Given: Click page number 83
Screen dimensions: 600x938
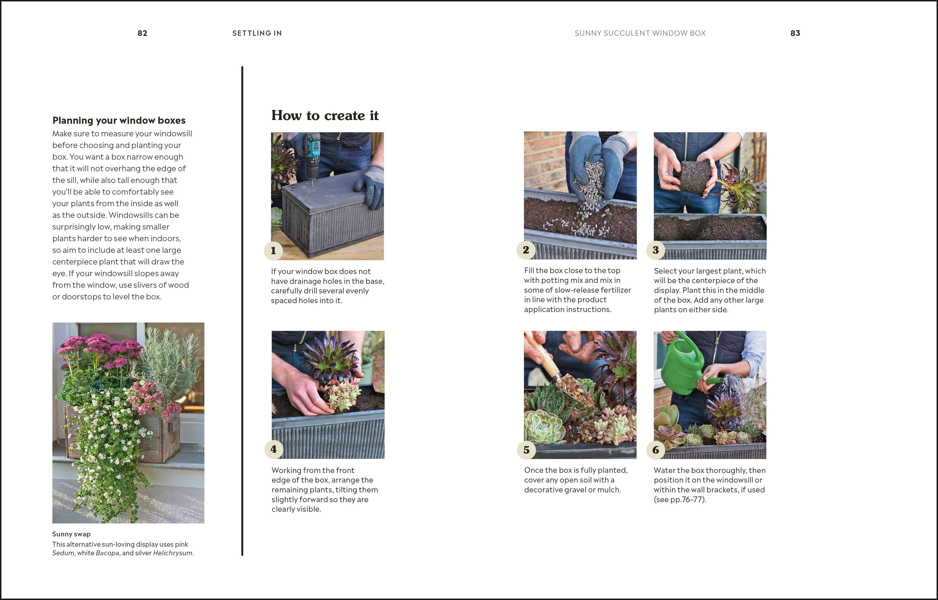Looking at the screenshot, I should pos(795,33).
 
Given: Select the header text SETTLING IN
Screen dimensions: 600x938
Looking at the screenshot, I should pos(257,33).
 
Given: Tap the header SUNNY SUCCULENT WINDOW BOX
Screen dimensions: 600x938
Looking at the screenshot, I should pos(640,33).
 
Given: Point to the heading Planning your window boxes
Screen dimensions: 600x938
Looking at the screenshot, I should pos(119,120).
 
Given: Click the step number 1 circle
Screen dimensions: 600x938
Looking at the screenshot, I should pos(273,251).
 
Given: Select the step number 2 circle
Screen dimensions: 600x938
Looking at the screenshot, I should pos(526,250).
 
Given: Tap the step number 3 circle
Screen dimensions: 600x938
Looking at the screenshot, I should pos(656,250).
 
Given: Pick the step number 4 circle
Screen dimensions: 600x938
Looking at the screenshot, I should pos(273,449).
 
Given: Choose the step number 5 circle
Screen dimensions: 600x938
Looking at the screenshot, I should pos(526,450).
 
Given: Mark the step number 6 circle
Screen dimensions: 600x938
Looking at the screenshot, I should pos(656,450).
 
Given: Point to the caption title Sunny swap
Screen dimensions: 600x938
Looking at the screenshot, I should pos(71,534).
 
